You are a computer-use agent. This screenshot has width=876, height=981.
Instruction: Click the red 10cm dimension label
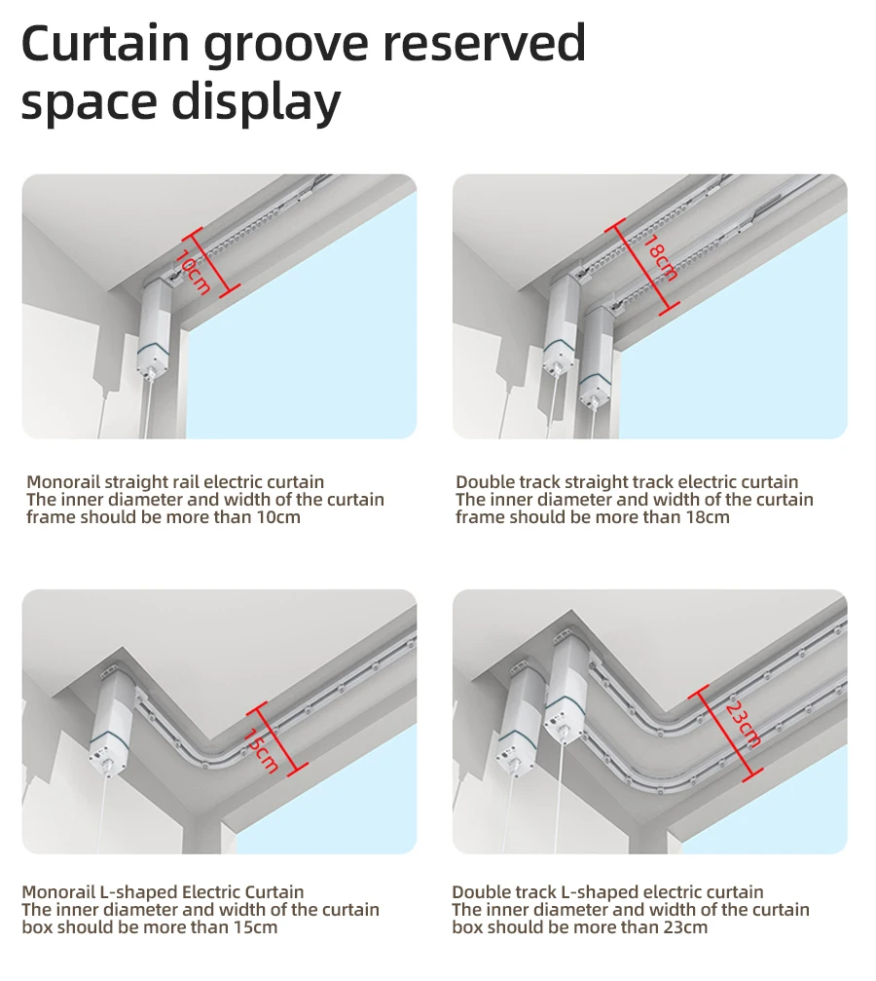pos(194,272)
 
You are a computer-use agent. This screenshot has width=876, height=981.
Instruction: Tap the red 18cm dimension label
pos(660,259)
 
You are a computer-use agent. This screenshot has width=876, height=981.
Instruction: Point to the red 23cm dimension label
pos(743,726)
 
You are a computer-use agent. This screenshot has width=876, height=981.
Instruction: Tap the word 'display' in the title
pos(256,102)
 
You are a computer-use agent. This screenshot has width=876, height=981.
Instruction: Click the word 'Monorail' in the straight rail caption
pos(63,482)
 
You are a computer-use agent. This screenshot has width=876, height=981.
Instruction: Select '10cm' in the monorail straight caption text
pos(279,516)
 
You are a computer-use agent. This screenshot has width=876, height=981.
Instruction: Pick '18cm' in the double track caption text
pos(708,516)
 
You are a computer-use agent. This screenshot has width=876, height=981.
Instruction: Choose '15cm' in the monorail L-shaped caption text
pos(256,926)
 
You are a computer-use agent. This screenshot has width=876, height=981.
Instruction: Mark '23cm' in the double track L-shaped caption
pos(686,926)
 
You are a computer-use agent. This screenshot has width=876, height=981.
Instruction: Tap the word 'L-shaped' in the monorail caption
pos(139,892)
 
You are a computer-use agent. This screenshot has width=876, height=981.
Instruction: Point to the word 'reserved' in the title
pos(484,43)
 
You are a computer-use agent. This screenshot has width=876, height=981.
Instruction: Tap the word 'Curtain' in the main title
pos(106,43)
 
